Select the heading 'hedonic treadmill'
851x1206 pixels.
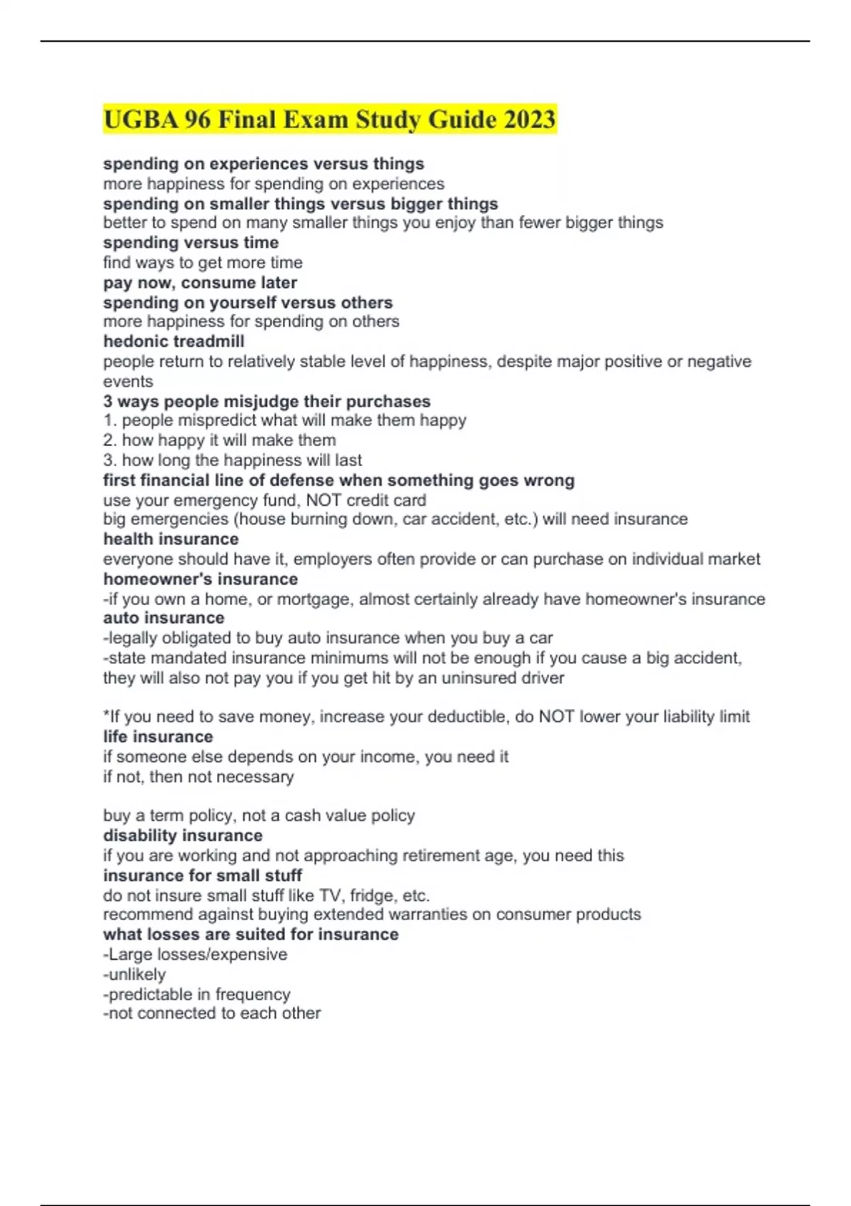coord(174,341)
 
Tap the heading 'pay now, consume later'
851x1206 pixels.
coord(200,282)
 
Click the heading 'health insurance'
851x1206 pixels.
coord(171,539)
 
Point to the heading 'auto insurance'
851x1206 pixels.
coord(164,618)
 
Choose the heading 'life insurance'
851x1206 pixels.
coord(158,736)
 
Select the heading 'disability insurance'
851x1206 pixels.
coord(183,835)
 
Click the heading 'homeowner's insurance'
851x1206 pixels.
coord(201,579)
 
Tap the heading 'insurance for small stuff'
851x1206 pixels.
coord(203,875)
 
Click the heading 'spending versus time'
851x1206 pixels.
coord(191,243)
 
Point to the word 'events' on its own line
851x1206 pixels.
coord(128,381)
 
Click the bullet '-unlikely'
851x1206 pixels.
coord(135,974)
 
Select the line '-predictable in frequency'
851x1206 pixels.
coord(196,994)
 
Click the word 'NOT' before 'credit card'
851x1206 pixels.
coord(324,499)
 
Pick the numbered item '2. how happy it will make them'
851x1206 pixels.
coord(219,440)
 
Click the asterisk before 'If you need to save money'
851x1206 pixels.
coord(106,714)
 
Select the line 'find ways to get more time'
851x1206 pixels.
coord(203,262)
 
